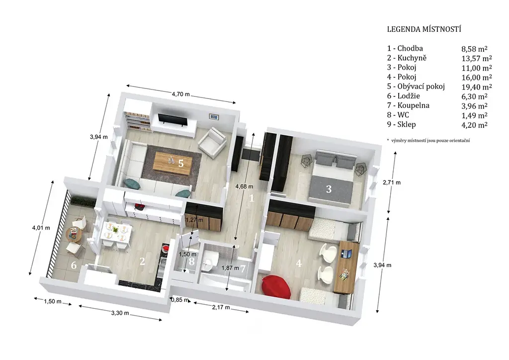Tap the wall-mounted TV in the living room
pyautogui.click(x=172, y=120)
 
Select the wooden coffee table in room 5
pyautogui.click(x=171, y=163)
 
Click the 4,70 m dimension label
pyautogui.click(x=181, y=94)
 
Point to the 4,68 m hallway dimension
pyautogui.click(x=244, y=186)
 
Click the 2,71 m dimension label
pyautogui.click(x=392, y=182)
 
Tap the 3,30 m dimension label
pyautogui.click(x=120, y=313)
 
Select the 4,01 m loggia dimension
pyautogui.click(x=41, y=228)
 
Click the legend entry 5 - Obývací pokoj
pyautogui.click(x=416, y=87)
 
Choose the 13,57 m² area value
pyautogui.click(x=477, y=59)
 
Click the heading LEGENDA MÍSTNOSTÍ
pyautogui.click(x=424, y=29)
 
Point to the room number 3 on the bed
pyautogui.click(x=329, y=189)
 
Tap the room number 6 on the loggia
pyautogui.click(x=74, y=265)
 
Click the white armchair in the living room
pyautogui.click(x=212, y=142)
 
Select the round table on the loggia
pyautogui.click(x=75, y=234)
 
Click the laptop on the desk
pyautogui.click(x=346, y=253)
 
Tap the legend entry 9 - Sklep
pyautogui.click(x=401, y=124)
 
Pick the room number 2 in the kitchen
pyautogui.click(x=142, y=261)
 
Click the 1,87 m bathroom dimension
pyautogui.click(x=230, y=268)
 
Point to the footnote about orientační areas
pyautogui.click(x=428, y=141)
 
